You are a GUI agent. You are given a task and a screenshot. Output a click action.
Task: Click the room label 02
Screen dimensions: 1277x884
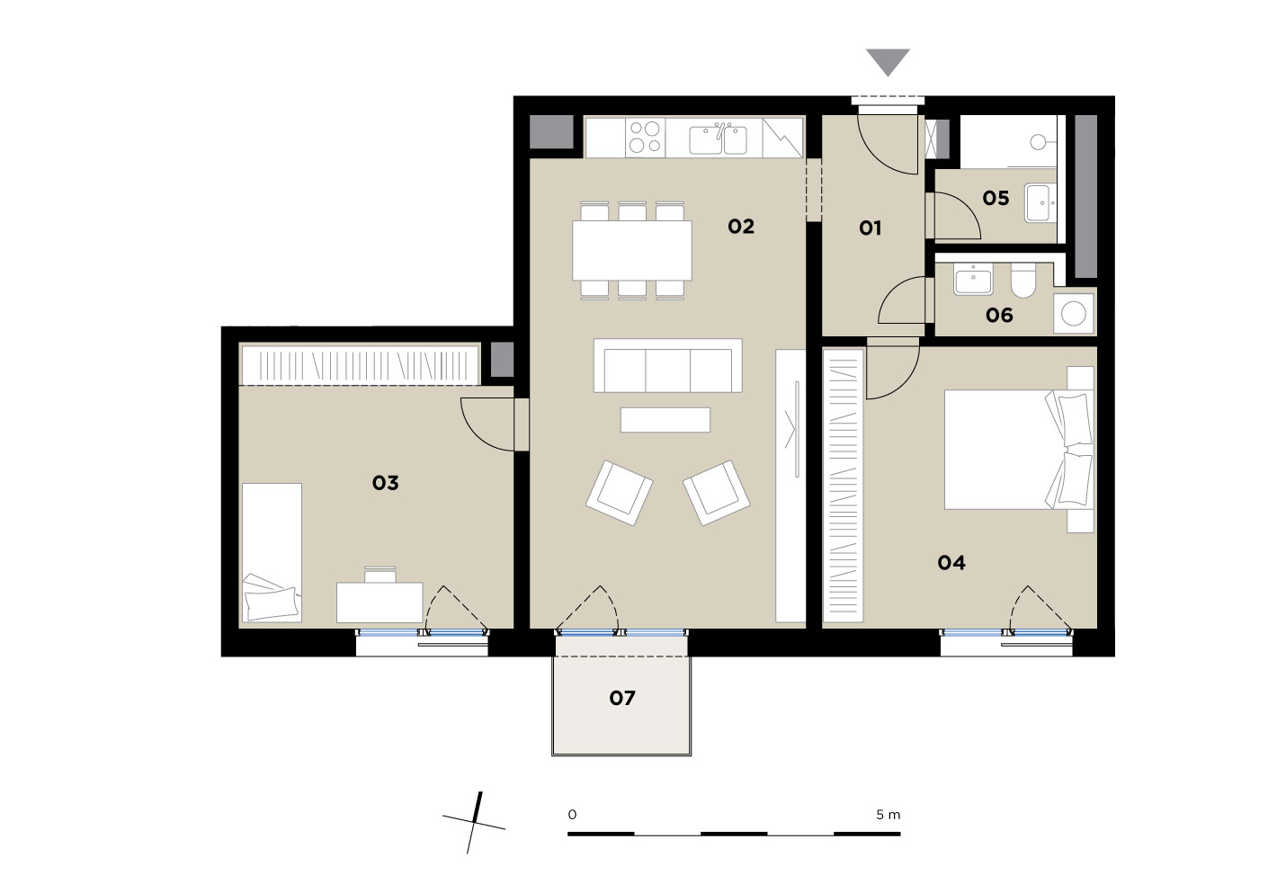tap(740, 227)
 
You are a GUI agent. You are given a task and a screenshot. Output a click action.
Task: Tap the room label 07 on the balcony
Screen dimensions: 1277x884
tap(622, 698)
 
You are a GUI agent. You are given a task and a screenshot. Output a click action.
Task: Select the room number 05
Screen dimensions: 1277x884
tap(996, 198)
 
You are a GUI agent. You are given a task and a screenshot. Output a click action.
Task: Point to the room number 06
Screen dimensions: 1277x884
tap(999, 315)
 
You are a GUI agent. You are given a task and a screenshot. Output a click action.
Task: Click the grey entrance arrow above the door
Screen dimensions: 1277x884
tap(888, 61)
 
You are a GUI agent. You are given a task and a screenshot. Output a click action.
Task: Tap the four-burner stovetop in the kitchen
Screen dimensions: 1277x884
tap(646, 137)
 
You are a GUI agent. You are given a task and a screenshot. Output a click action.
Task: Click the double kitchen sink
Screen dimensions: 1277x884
tap(718, 139)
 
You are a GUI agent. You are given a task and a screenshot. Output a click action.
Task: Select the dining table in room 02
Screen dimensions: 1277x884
tap(631, 250)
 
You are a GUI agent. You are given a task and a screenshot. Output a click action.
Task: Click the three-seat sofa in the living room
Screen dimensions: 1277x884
tap(667, 365)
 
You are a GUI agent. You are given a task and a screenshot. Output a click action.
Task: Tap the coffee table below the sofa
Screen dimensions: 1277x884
tap(665, 419)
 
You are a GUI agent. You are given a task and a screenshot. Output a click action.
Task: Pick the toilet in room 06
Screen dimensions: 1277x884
tap(1023, 280)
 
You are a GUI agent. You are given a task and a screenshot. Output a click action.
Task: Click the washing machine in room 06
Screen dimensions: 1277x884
tap(1074, 313)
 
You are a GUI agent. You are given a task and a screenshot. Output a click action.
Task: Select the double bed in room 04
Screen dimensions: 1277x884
tap(1018, 449)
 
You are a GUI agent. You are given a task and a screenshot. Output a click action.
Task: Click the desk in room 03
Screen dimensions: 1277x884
tap(380, 602)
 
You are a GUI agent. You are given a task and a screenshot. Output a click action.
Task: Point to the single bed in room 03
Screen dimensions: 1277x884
tap(272, 552)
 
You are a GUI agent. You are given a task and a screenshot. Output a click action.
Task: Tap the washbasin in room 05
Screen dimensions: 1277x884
tap(1040, 202)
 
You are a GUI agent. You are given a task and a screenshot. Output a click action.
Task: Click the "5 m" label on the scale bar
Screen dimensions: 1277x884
tap(889, 815)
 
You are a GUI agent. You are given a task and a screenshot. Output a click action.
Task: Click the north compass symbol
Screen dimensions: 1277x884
tap(474, 823)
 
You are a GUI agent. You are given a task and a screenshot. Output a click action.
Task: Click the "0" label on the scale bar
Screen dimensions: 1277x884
tap(572, 815)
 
